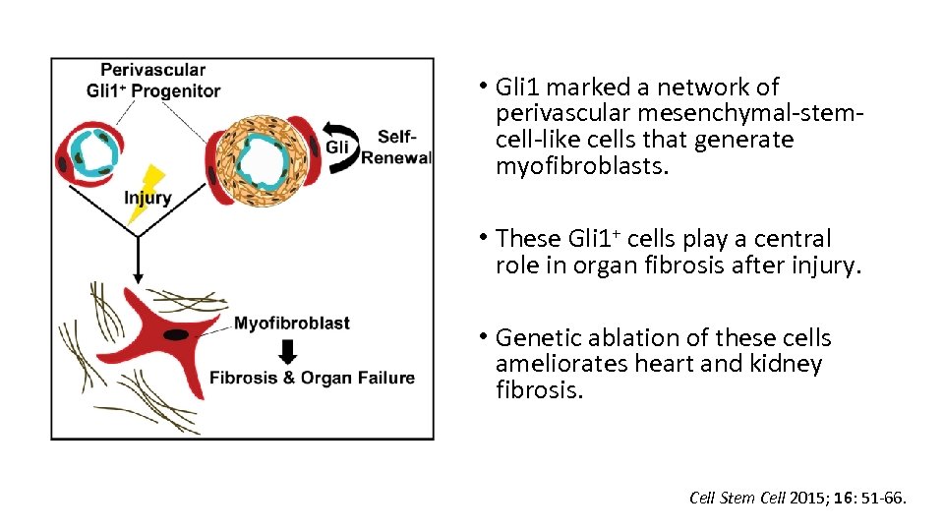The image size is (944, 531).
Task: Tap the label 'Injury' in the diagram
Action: (x=147, y=199)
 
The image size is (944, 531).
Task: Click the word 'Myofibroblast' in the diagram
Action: (x=292, y=324)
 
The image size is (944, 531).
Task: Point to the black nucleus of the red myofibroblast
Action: (x=176, y=335)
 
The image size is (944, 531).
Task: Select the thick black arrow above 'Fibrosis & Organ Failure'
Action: (x=288, y=351)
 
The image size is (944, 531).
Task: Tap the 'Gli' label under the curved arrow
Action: (x=337, y=147)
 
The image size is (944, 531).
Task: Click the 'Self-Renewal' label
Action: (x=396, y=147)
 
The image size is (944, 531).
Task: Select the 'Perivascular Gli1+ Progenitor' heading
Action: (x=152, y=81)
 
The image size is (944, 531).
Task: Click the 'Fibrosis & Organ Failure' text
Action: (x=312, y=378)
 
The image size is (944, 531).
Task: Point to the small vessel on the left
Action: (x=90, y=151)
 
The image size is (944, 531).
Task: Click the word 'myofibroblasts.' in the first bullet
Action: (x=582, y=166)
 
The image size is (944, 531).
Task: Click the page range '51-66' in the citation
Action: (x=882, y=499)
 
